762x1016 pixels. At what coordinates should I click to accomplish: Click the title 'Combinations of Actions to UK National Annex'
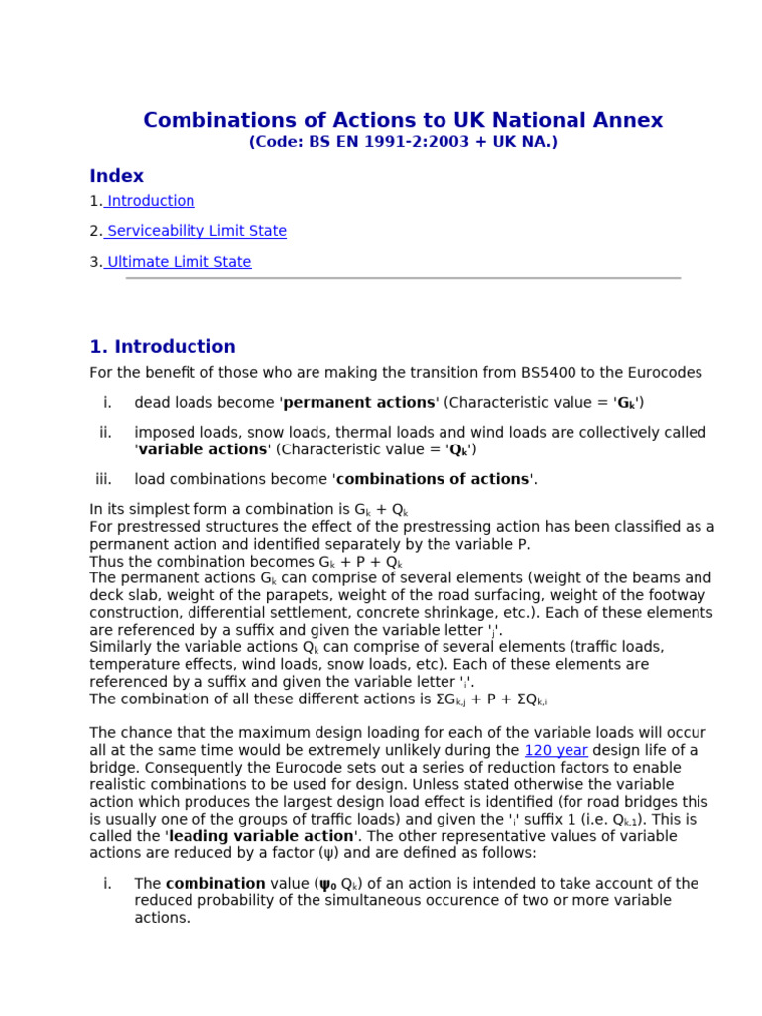[403, 121]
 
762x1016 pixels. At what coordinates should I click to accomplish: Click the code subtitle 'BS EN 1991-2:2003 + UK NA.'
[403, 142]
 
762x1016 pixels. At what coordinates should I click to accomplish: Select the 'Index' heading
[116, 176]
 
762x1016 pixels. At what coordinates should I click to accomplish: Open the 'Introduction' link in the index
[150, 201]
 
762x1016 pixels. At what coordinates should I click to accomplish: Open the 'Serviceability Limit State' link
[195, 231]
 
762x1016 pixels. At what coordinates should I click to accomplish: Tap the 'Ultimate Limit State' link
[179, 262]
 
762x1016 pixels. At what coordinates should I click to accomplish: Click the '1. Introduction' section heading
[163, 347]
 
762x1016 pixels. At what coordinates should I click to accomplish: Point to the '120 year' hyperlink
[556, 750]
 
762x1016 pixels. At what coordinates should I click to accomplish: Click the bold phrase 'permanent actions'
[360, 403]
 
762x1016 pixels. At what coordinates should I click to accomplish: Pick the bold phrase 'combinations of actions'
[434, 479]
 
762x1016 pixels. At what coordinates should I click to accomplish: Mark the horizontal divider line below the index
[403, 279]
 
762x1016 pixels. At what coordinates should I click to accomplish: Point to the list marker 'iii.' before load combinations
[103, 479]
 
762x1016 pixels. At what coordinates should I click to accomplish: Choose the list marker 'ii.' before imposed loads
[105, 432]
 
